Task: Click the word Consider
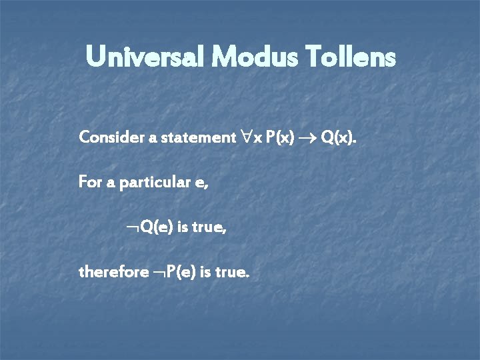click(107, 138)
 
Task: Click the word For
click(91, 181)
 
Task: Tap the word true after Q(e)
click(209, 227)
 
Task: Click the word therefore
click(113, 272)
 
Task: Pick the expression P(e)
click(181, 272)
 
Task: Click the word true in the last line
click(233, 272)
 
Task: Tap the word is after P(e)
click(207, 272)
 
